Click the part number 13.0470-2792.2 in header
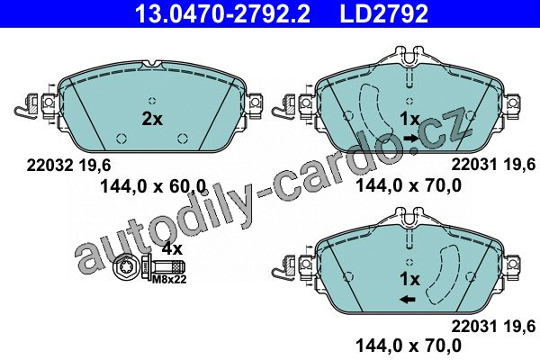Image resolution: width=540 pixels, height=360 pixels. pyautogui.click(x=222, y=13)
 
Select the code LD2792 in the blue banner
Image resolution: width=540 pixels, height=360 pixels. pyautogui.click(x=384, y=13)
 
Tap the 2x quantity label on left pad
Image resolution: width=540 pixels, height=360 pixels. pyautogui.click(x=152, y=119)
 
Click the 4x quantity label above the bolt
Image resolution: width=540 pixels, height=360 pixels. pyautogui.click(x=172, y=248)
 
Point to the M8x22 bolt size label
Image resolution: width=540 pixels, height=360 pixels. pyautogui.click(x=169, y=279)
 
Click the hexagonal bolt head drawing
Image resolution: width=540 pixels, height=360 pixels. pyautogui.click(x=126, y=266)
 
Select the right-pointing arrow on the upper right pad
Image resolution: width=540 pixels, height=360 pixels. pyautogui.click(x=411, y=139)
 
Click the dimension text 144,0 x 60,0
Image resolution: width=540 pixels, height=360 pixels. pyautogui.click(x=153, y=186)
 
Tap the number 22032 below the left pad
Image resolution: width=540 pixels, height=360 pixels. pyautogui.click(x=49, y=166)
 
